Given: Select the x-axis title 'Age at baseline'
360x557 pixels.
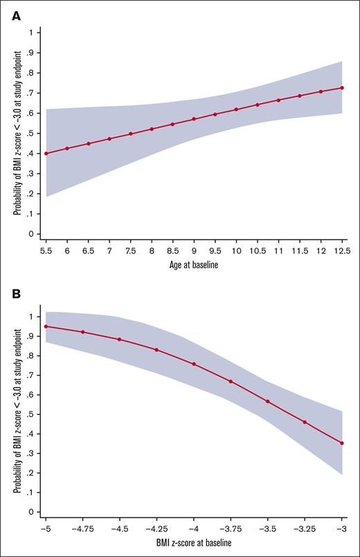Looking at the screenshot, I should tap(193, 263).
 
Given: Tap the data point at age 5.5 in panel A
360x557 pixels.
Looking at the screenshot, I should tap(46, 153).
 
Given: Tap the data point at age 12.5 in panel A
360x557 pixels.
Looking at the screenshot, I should tap(342, 88).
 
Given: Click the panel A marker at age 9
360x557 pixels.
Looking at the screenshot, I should tap(194, 119).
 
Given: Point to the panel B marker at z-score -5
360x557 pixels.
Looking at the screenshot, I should tap(46, 326).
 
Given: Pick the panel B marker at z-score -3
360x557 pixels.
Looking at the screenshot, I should tap(342, 443).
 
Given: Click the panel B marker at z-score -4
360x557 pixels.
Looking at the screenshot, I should tap(194, 364).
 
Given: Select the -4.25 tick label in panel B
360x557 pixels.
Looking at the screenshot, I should tap(156, 528).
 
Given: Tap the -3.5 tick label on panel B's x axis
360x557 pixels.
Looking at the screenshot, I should tap(268, 528).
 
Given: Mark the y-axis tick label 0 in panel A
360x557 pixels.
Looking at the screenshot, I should tap(30, 234).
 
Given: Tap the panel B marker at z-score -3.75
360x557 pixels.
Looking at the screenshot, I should tap(231, 382).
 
